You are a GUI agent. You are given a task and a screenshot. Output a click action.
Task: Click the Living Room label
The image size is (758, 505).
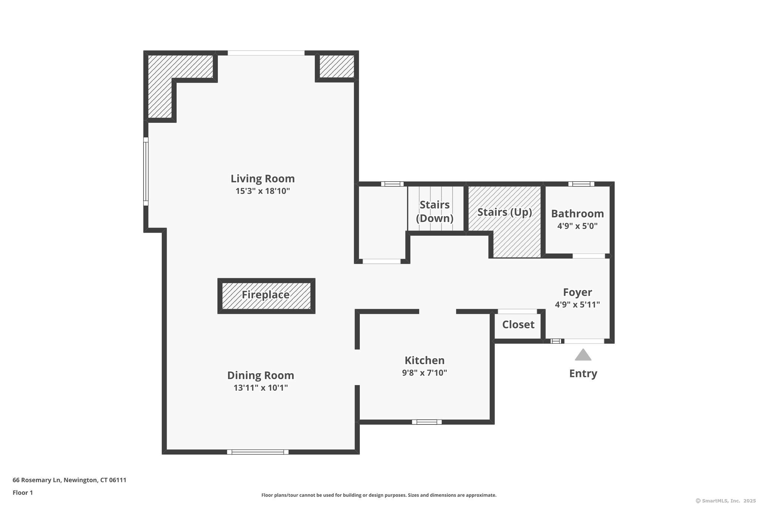tap(263, 179)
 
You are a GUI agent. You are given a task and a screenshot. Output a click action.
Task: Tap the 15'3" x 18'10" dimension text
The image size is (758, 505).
tap(263, 191)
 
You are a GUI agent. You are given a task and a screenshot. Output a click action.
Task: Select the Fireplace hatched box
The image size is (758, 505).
tap(266, 296)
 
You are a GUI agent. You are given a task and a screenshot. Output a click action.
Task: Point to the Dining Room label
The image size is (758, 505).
tap(261, 376)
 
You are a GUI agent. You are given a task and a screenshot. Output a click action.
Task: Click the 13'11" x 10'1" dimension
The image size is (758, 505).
tap(261, 388)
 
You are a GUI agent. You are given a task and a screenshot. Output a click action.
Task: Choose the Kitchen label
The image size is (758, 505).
tap(425, 360)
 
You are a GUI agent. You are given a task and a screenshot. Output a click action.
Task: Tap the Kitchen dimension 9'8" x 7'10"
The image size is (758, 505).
tap(425, 373)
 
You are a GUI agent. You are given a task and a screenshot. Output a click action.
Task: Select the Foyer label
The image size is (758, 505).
tap(577, 292)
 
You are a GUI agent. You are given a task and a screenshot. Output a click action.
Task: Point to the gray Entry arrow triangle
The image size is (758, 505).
tap(583, 355)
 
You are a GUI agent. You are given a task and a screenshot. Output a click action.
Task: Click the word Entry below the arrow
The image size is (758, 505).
tap(583, 374)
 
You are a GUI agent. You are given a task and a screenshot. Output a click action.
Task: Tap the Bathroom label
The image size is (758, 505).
tap(577, 214)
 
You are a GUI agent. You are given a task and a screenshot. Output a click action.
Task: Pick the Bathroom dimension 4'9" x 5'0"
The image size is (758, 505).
tap(577, 226)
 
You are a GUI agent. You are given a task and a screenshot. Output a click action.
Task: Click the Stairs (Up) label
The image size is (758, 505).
tap(505, 212)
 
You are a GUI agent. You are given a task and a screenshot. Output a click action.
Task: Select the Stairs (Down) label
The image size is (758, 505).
tap(435, 212)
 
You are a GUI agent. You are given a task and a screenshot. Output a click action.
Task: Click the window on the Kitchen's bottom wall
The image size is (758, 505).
tap(427, 422)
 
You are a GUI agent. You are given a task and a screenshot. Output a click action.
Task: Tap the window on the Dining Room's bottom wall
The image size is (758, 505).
tap(258, 452)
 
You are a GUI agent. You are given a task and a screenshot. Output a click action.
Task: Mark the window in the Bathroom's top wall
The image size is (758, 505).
tap(581, 184)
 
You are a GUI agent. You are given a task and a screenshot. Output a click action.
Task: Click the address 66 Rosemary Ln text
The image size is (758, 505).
tap(36, 480)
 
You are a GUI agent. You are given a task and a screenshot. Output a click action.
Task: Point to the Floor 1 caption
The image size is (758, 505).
tap(23, 493)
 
